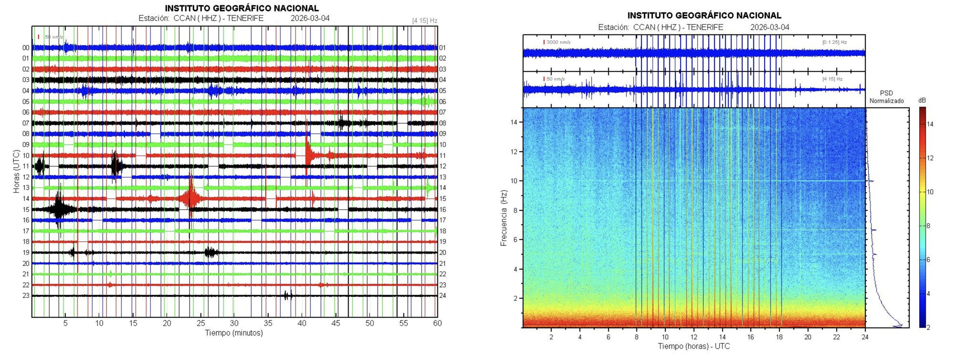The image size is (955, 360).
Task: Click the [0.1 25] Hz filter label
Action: coord(834,42)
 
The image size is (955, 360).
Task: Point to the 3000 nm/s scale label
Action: coord(558,42)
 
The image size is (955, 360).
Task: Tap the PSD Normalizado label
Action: coord(886,97)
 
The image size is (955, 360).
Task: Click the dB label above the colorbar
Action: coord(922,100)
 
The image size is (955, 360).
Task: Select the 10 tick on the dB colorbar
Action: coord(930,192)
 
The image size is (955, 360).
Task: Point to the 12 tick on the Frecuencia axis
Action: coord(514,152)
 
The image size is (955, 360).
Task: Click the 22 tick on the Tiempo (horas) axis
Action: coord(836,337)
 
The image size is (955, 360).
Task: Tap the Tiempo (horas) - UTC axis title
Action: coord(694,346)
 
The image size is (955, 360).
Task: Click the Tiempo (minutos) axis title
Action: coord(234,333)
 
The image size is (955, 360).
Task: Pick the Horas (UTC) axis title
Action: coord(17,171)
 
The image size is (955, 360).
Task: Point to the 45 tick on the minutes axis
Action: coord(336,323)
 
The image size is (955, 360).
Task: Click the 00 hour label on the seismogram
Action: coord(26,48)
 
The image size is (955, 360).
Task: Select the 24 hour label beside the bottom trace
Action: coord(443,296)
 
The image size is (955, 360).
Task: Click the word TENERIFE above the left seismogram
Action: coord(245,18)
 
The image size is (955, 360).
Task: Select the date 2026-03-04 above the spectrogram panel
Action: coord(770,27)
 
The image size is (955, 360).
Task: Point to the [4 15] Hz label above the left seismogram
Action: coord(424,21)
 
